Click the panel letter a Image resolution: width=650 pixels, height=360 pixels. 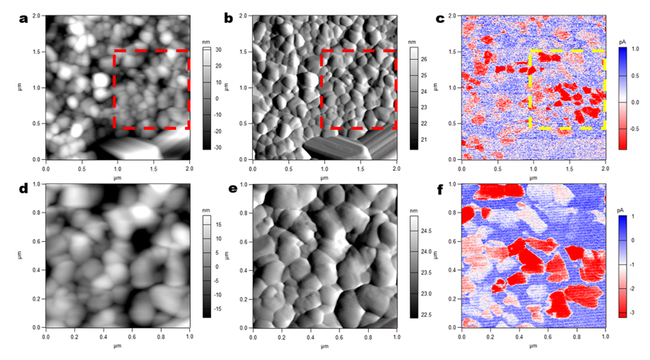tap(23, 18)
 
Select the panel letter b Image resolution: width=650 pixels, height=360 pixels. tap(229, 18)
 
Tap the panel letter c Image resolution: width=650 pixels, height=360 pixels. tap(440, 18)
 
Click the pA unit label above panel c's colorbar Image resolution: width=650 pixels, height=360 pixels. tap(622, 41)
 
